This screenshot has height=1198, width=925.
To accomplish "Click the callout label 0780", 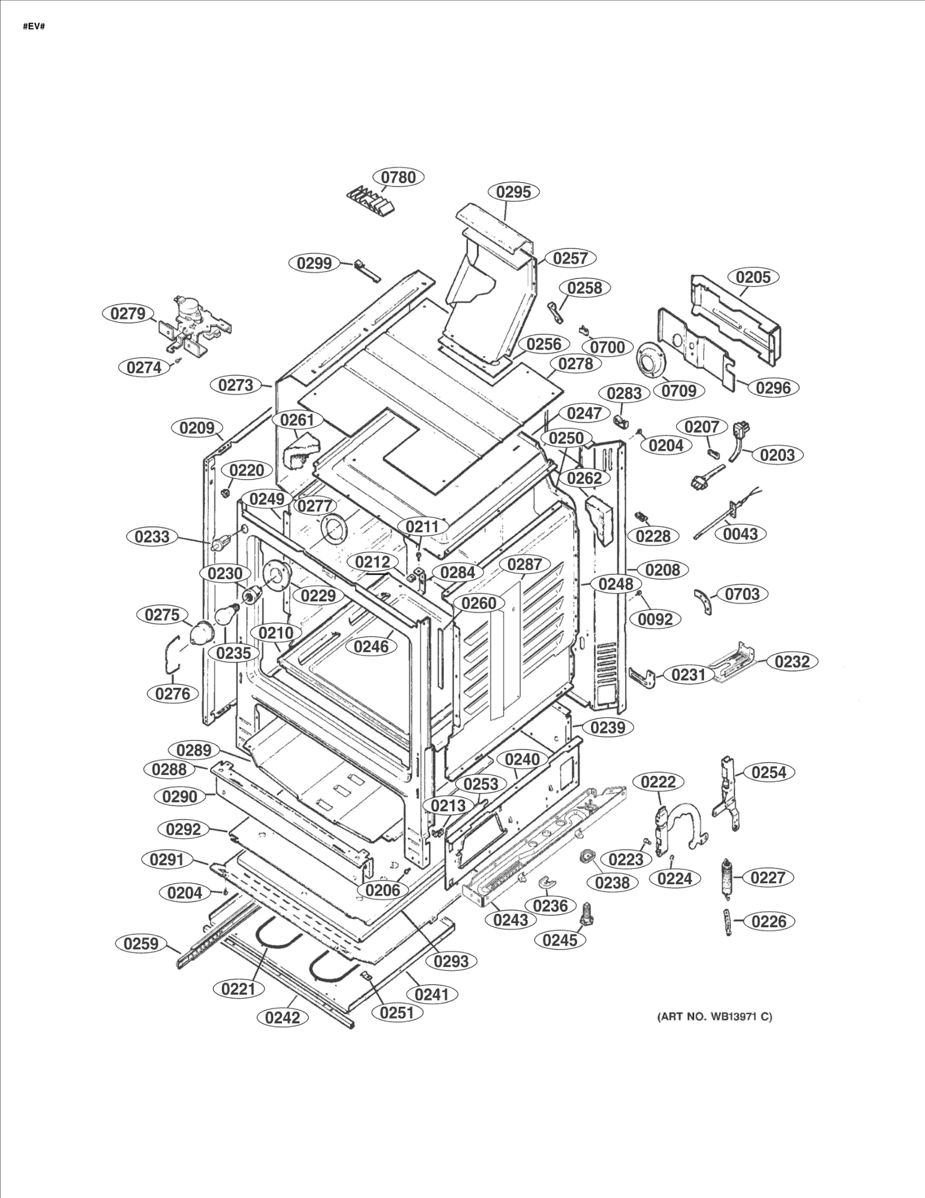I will (398, 177).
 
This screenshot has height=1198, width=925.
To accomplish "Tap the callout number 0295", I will (513, 192).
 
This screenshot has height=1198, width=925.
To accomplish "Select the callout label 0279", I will (128, 314).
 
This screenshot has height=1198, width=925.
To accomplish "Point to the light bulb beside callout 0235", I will (228, 611).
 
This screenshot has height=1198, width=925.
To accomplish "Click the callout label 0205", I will (753, 277).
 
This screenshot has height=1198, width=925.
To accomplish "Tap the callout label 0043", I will (741, 533).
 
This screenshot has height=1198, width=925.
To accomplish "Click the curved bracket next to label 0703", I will (704, 601).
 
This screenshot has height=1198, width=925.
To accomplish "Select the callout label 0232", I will (791, 661).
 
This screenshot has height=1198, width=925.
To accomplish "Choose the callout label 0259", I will (141, 943).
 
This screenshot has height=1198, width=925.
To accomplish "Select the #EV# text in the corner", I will (34, 27).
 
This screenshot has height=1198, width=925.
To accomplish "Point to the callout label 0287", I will (524, 565).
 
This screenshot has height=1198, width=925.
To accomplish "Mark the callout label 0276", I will (172, 693).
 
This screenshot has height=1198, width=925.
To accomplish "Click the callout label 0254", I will (769, 772).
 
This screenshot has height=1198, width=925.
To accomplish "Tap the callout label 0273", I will (236, 385).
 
